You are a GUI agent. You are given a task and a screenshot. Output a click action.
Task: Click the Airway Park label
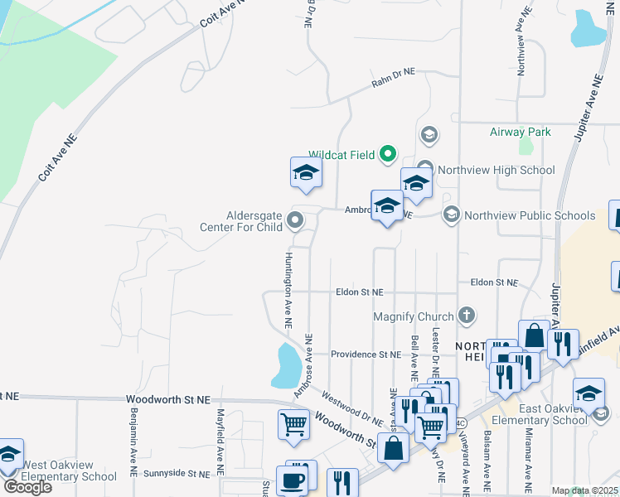pos(520,132)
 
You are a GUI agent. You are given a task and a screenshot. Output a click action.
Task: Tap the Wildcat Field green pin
pos(387,153)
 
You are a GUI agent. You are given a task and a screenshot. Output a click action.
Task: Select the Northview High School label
pos(496,170)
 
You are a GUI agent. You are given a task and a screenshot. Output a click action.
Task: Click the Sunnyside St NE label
pos(176,474)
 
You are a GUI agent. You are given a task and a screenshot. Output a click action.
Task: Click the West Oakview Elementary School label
pos(69,470)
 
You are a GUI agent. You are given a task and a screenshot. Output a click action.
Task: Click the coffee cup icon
pos(291,480)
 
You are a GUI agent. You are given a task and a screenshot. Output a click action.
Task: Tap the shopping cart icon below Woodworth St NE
pos(295,425)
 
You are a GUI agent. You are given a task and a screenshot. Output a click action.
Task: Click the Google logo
pos(27,486)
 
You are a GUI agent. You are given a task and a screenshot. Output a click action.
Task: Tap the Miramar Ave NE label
pos(527,456)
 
